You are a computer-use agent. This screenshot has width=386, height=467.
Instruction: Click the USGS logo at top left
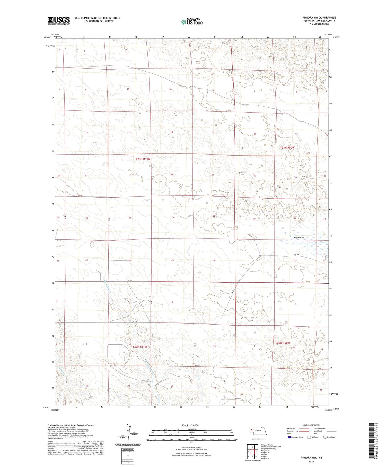pyautogui.click(x=59, y=21)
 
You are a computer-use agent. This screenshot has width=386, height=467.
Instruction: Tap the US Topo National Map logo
pyautogui.click(x=192, y=22)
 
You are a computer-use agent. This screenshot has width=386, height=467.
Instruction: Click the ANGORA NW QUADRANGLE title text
pyautogui.click(x=319, y=18)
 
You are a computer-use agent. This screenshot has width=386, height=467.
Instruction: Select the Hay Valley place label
pyautogui.click(x=299, y=237)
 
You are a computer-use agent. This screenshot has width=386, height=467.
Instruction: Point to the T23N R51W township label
pyautogui.click(x=143, y=159)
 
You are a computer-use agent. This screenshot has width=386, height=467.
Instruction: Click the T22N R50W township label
pyautogui.click(x=283, y=343)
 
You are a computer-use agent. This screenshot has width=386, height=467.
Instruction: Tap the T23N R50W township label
pyautogui.click(x=287, y=148)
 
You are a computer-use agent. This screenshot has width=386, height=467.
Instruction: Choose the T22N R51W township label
pyautogui.click(x=140, y=347)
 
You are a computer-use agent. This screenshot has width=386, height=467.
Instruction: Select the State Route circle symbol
pyautogui.click(x=325, y=437)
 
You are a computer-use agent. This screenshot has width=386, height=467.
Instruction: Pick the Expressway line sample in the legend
pyautogui.click(x=305, y=429)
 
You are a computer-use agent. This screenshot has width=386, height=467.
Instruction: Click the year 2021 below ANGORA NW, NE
pyautogui.click(x=311, y=462)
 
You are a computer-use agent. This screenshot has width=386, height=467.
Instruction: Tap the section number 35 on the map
pyautogui.click(x=173, y=260)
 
